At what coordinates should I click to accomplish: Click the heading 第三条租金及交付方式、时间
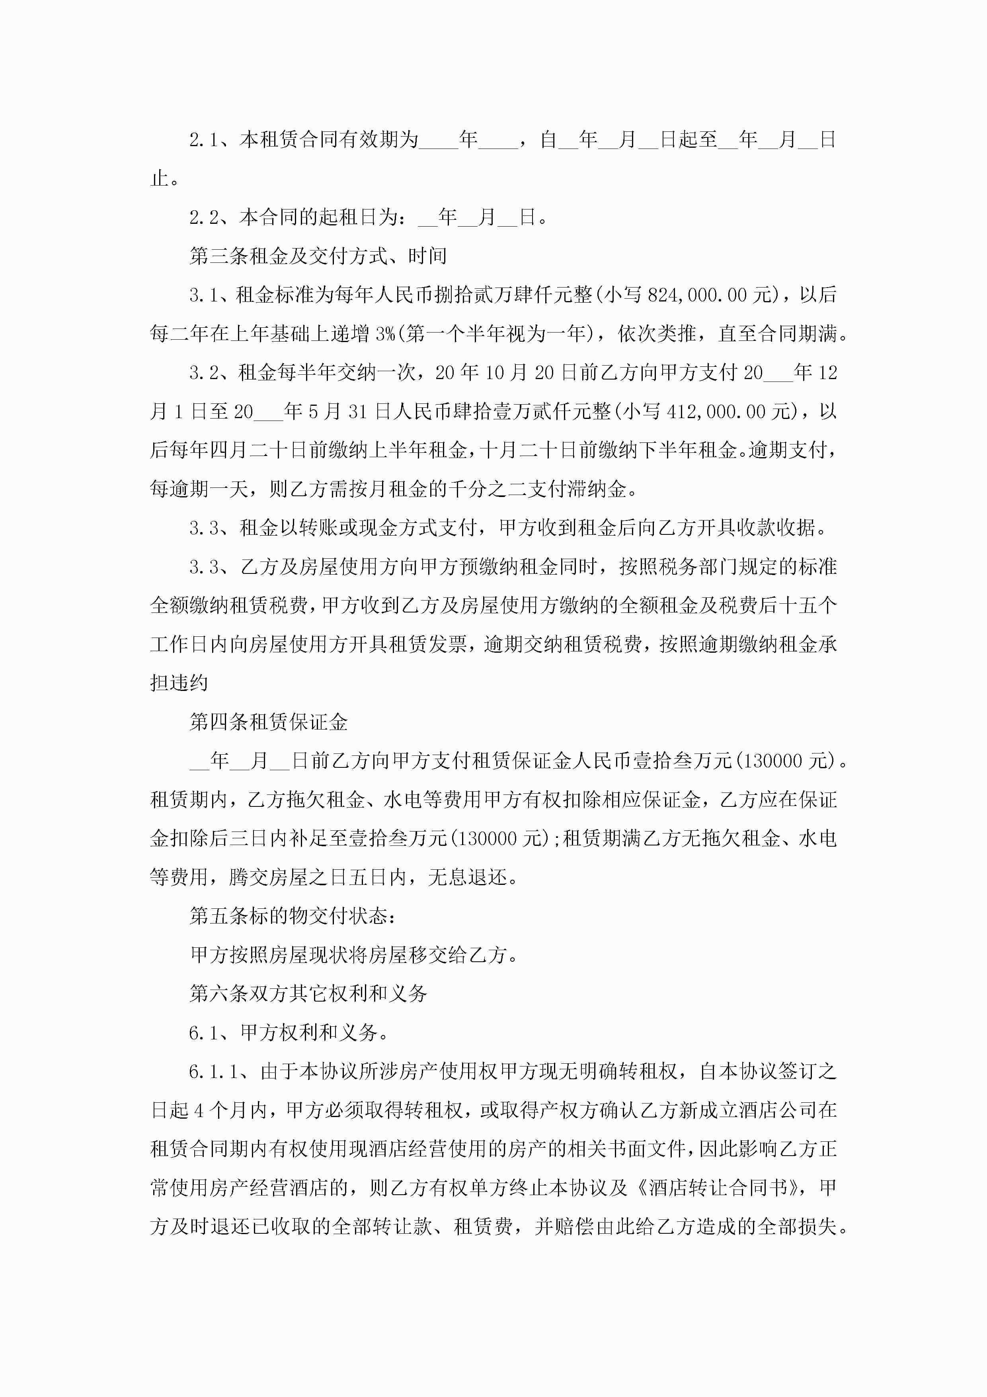pos(318,256)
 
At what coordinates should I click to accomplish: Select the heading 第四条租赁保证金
pos(268,722)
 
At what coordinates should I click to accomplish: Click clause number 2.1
pos(203,140)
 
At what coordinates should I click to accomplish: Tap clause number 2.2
pos(203,217)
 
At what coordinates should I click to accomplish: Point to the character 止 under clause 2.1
pos(159,179)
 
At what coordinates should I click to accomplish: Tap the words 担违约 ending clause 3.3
pos(179,683)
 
